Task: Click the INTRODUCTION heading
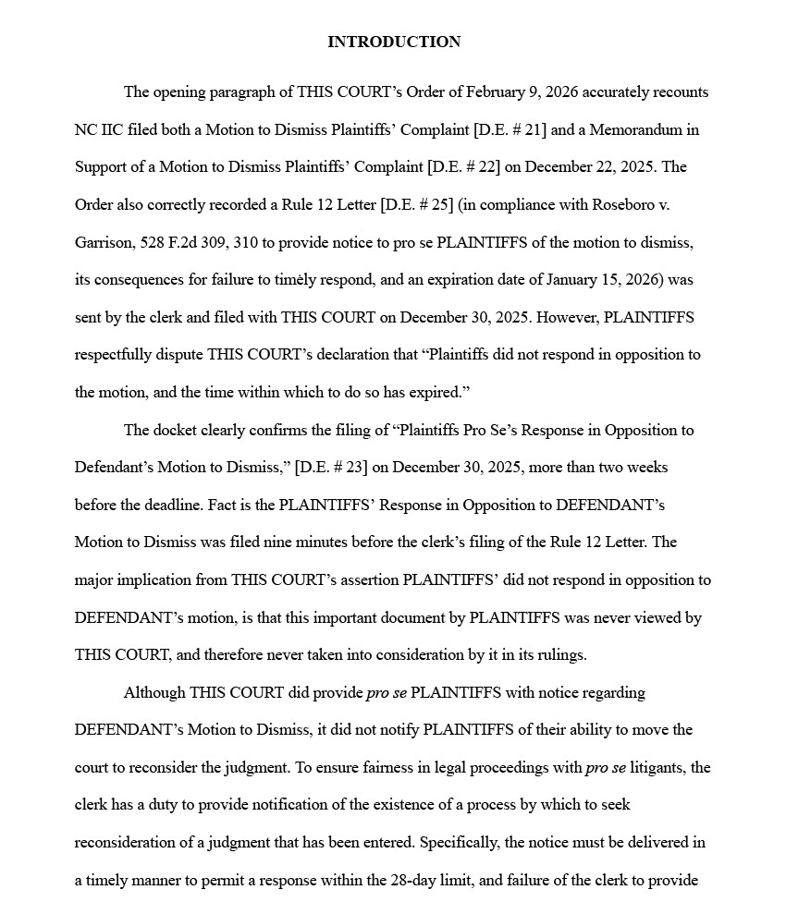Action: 393,42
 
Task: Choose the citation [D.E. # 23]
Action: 331,468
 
